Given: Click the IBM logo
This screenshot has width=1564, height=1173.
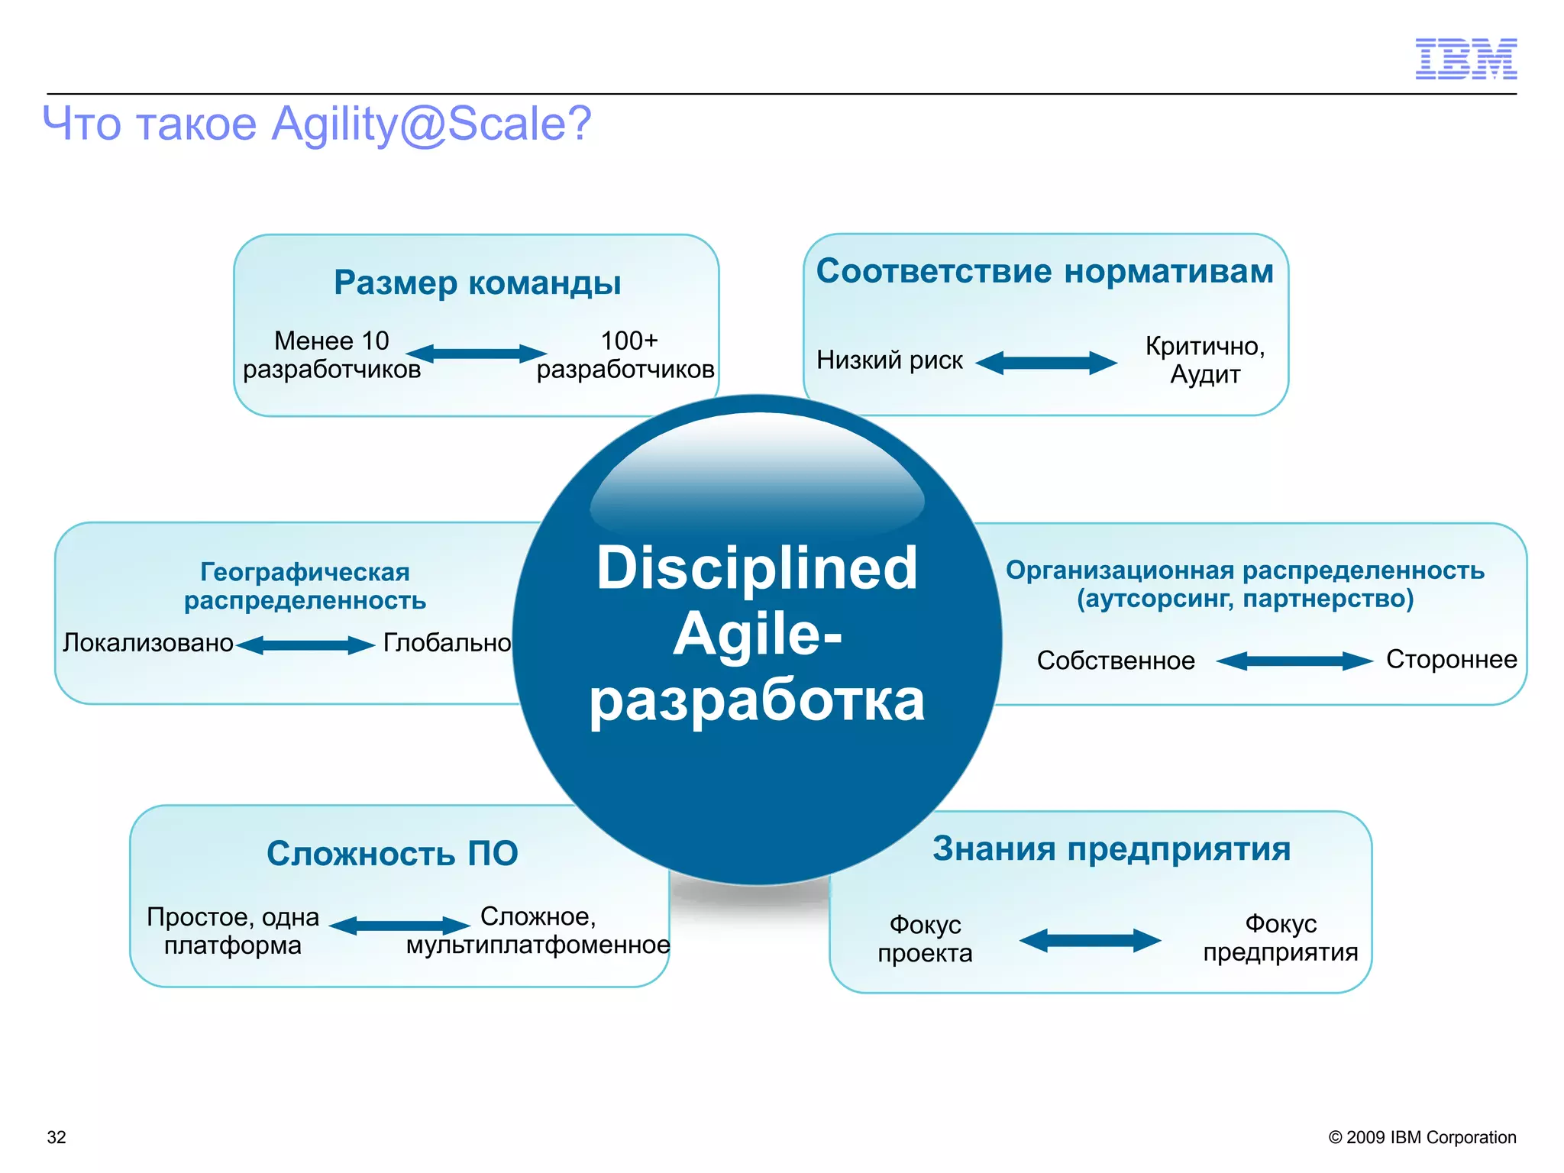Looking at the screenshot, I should (1465, 59).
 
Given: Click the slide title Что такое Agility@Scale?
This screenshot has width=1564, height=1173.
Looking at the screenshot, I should (317, 124).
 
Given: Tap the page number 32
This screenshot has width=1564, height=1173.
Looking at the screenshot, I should (57, 1137).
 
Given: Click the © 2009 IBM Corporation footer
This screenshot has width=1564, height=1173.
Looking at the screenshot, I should (1422, 1137).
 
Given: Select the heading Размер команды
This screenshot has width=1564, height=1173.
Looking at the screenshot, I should (477, 283).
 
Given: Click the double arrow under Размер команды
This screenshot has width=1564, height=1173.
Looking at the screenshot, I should (477, 354).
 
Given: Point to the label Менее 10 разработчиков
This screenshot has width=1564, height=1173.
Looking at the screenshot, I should (331, 355).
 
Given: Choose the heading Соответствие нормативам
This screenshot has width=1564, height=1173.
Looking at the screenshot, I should (1045, 271).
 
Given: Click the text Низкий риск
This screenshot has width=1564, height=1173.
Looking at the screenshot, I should (890, 360).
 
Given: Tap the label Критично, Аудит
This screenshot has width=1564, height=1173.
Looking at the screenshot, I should (1205, 360).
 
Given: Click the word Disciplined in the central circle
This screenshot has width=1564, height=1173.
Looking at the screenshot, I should (757, 568).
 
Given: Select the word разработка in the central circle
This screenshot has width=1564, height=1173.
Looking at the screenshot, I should (757, 700).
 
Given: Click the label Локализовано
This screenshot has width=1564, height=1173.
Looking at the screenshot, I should (148, 643).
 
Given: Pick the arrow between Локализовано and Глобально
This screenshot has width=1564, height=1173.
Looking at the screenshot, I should (305, 645).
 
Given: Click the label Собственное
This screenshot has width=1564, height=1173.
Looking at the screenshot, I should (1116, 661).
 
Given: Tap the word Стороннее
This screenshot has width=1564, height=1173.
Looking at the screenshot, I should (1451, 659).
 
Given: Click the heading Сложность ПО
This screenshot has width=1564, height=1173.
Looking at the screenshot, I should (392, 853).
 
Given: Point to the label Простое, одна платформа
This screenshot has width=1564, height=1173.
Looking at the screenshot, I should (233, 931).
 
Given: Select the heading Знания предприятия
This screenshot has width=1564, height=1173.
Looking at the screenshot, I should (1111, 848).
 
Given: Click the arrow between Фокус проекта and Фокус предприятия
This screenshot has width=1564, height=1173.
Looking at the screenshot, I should (1090, 940).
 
